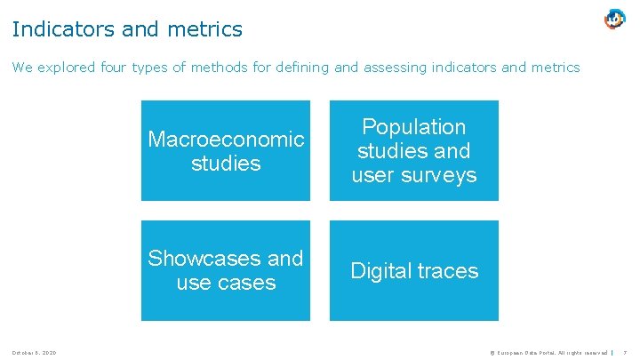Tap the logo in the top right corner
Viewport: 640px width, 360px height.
pos(614,19)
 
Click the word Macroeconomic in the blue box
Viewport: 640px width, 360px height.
pos(226,140)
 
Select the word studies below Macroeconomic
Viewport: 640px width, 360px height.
pos(226,164)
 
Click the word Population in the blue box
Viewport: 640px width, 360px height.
pos(414,127)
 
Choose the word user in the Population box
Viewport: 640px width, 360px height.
pos(373,175)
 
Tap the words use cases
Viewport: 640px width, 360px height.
pos(226,283)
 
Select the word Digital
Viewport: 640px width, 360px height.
pos(382,271)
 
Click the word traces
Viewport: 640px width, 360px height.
pos(448,271)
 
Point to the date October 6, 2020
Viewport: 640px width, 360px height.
pos(35,353)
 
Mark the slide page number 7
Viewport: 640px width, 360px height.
pos(628,353)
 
